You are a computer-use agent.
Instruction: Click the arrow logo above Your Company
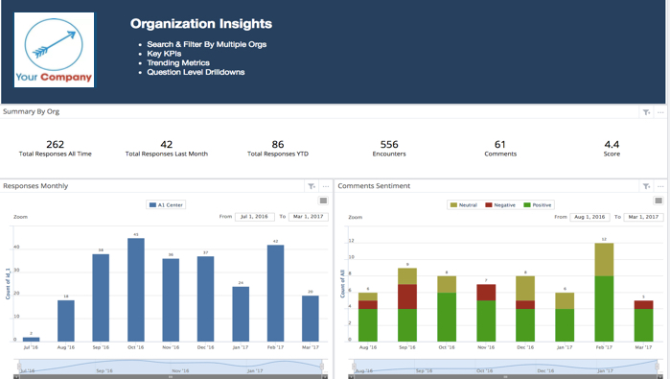[53, 41]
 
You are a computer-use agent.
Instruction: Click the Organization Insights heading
[200, 24]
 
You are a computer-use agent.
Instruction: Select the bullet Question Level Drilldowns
[196, 72]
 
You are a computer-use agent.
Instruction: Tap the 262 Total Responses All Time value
[55, 144]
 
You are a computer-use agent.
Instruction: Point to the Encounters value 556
[389, 144]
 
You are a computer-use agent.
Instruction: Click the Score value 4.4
[611, 144]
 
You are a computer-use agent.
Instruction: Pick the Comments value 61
[499, 144]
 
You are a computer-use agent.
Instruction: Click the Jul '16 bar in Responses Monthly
[32, 339]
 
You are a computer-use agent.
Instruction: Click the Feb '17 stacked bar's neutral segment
[604, 259]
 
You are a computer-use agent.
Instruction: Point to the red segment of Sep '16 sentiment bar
[407, 296]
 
